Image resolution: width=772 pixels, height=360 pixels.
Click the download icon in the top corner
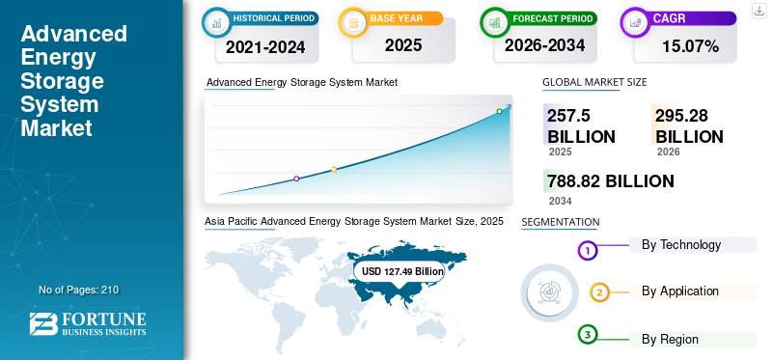[x=759, y=11]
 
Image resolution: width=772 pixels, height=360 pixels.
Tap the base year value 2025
[x=403, y=45]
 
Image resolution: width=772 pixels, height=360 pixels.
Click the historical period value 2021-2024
[x=265, y=46]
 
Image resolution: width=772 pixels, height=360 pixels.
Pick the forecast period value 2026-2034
[x=544, y=45]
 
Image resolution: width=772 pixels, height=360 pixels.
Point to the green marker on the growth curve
[x=499, y=111]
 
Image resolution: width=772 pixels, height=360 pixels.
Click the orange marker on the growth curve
[x=334, y=170]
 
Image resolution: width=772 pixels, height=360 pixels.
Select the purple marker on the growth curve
[x=296, y=179]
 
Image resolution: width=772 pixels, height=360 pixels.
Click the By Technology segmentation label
[x=681, y=245]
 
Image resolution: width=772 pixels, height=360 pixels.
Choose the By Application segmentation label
[x=680, y=291]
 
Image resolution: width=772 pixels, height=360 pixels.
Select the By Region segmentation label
[x=670, y=340]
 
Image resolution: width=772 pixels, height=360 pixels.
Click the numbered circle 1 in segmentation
[x=587, y=251]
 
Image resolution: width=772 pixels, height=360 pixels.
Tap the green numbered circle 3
[x=587, y=335]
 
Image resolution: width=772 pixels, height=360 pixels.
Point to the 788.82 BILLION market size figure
[x=611, y=181]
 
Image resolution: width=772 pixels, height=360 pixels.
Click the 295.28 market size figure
[x=681, y=116]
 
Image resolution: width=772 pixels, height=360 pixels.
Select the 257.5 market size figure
[x=568, y=116]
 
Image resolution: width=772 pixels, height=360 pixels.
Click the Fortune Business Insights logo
[x=88, y=323]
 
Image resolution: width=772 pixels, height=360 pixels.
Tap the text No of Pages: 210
[x=79, y=291]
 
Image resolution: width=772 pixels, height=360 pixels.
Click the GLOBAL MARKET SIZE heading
[x=594, y=82]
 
